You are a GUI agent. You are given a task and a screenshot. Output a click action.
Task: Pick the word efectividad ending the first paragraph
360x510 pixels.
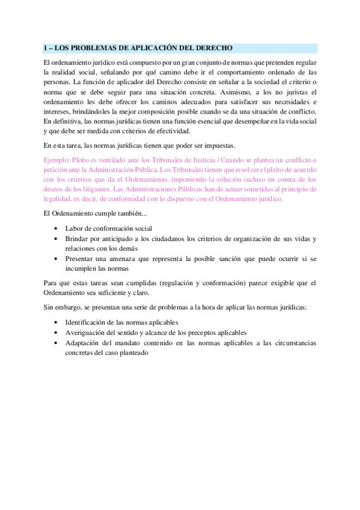(x=171, y=131)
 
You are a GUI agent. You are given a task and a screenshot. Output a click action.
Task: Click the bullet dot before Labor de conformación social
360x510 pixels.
(x=56, y=229)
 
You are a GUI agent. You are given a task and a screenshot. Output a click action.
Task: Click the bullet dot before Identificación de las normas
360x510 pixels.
(x=56, y=322)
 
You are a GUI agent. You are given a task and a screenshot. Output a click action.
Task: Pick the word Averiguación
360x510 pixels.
(x=88, y=333)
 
